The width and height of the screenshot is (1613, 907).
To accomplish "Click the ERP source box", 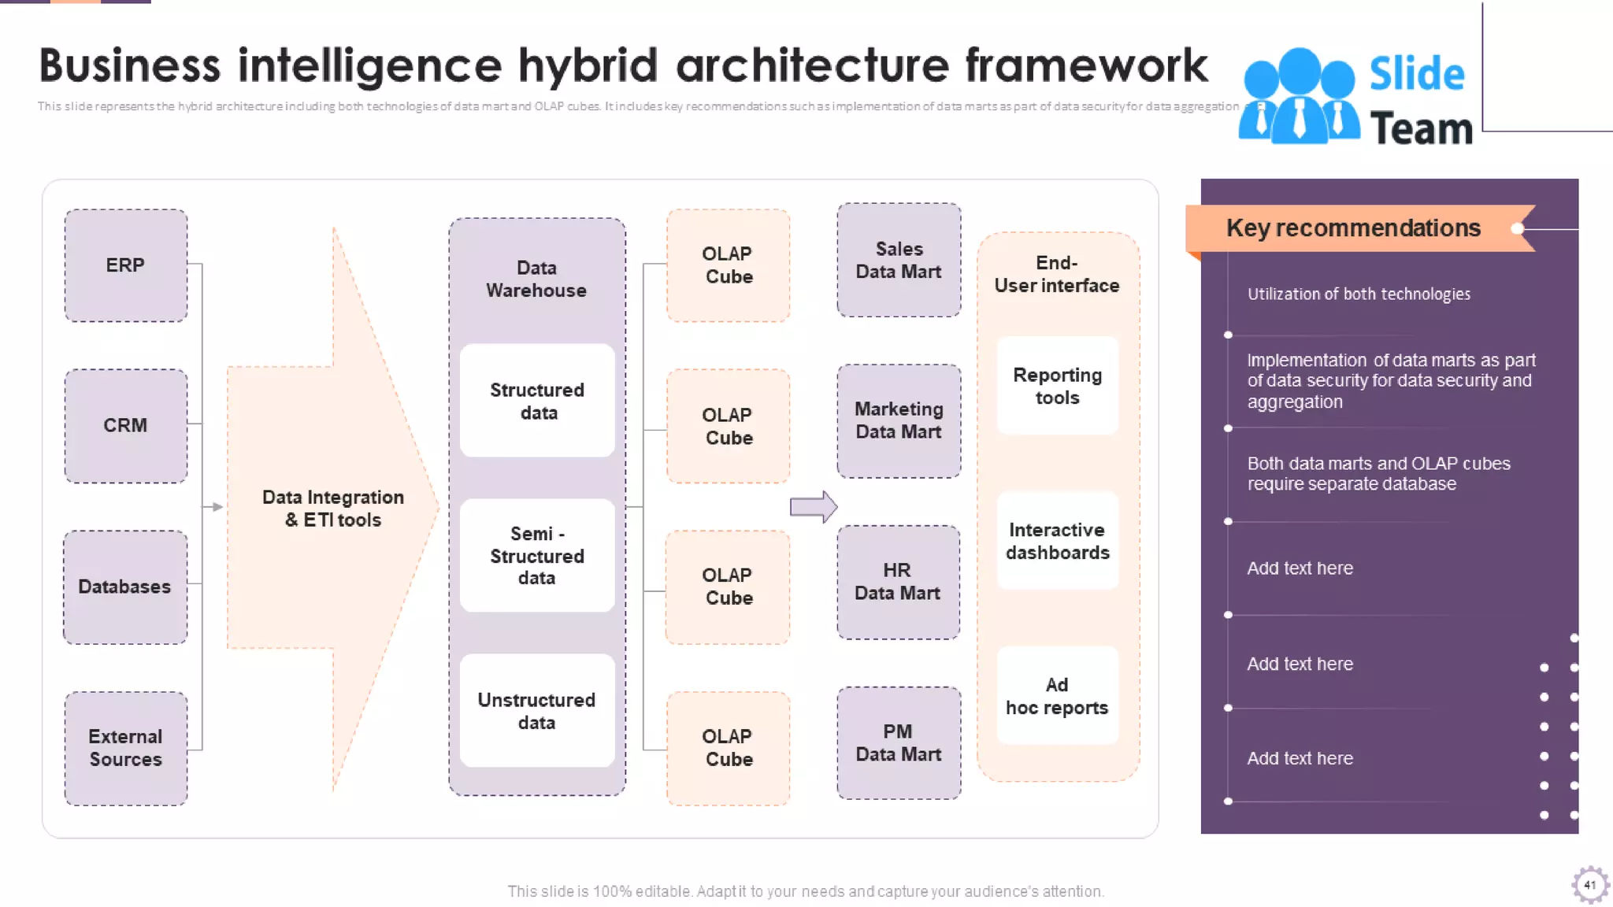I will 125,265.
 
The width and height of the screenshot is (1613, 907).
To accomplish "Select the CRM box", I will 125,425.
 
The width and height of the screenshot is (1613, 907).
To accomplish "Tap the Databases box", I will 125,587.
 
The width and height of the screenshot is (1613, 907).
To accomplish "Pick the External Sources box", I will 125,748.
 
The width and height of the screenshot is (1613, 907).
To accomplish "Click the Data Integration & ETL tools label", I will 332,509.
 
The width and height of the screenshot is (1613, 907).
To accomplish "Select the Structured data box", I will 537,401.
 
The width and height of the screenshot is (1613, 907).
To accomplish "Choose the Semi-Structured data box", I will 537,556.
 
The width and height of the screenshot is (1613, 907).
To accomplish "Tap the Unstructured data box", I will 537,711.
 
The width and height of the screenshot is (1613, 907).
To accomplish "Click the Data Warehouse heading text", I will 536,280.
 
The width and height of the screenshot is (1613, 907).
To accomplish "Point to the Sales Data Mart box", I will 899,261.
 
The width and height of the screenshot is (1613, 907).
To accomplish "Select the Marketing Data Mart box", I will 899,420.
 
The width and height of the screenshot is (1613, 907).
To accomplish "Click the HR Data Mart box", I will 898,582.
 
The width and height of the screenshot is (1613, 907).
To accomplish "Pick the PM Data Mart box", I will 899,742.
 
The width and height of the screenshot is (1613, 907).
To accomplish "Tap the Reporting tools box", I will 1057,386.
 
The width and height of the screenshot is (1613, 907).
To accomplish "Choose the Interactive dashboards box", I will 1057,541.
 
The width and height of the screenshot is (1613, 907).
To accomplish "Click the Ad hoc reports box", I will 1057,696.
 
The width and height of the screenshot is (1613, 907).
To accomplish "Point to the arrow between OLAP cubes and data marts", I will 814,507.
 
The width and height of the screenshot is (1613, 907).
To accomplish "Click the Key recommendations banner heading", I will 1353,228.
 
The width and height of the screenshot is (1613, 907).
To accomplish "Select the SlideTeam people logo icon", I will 1299,97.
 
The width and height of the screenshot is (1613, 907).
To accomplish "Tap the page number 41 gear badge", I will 1589,885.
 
